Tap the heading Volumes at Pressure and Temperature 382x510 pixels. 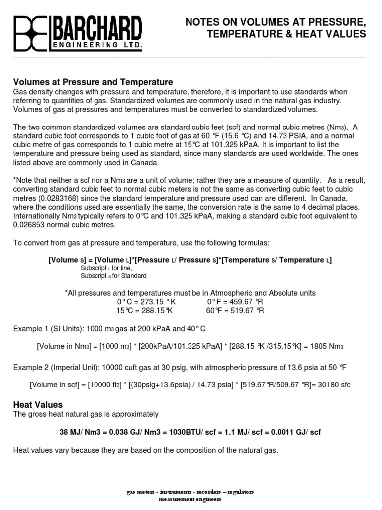93,82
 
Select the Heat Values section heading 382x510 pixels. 38,405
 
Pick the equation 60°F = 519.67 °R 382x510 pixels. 235,311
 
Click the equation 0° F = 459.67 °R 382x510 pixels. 235,302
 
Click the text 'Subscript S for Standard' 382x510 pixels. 113,276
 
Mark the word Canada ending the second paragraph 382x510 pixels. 146,162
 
